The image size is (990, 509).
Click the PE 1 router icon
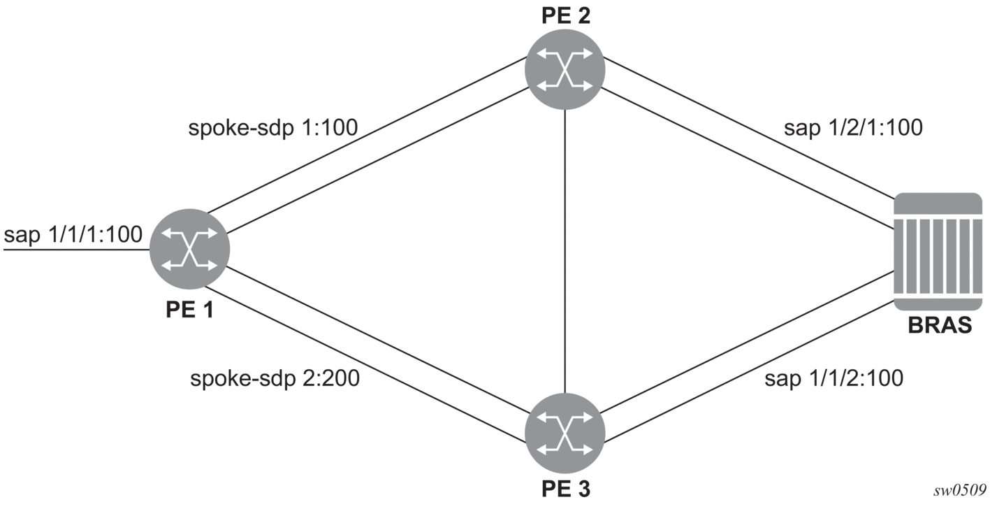click(x=189, y=249)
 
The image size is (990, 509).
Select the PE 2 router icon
click(x=565, y=69)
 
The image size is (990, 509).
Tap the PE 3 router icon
click(x=565, y=433)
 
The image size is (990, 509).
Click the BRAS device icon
click(x=938, y=252)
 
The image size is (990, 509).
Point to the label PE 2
click(x=566, y=15)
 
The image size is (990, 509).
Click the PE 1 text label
click(x=189, y=309)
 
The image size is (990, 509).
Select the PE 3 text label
click(x=566, y=489)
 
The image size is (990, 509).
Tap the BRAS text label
click(x=940, y=325)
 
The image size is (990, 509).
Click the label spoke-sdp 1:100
click(x=273, y=128)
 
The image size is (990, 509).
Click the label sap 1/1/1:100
click(x=73, y=234)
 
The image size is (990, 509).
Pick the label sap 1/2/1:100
click(x=854, y=128)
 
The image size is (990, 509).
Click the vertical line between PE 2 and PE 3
click(x=565, y=251)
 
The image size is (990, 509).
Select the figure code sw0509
click(x=959, y=490)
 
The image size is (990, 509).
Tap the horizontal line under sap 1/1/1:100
click(x=76, y=250)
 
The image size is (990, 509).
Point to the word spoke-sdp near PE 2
click(x=241, y=129)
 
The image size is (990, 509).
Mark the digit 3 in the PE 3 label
click(x=583, y=489)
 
